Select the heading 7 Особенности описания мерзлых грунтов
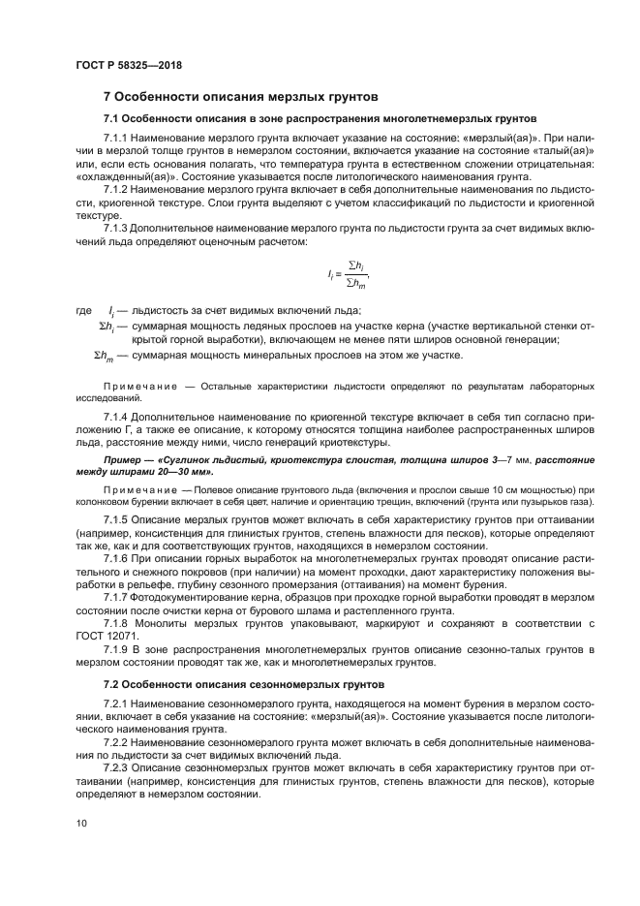click(240, 97)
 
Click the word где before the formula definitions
click(84, 311)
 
